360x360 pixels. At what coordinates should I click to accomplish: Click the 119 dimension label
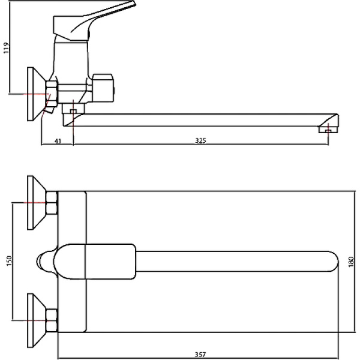coord(6,48)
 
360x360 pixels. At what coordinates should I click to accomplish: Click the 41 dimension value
coord(58,141)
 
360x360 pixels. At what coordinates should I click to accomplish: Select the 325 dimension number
coord(200,140)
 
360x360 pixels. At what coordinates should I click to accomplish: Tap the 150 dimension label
coord(9,261)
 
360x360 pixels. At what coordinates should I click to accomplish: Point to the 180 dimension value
coord(351,262)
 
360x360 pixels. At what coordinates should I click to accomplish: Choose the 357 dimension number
coord(200,355)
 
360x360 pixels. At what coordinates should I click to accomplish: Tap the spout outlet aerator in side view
coord(328,130)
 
